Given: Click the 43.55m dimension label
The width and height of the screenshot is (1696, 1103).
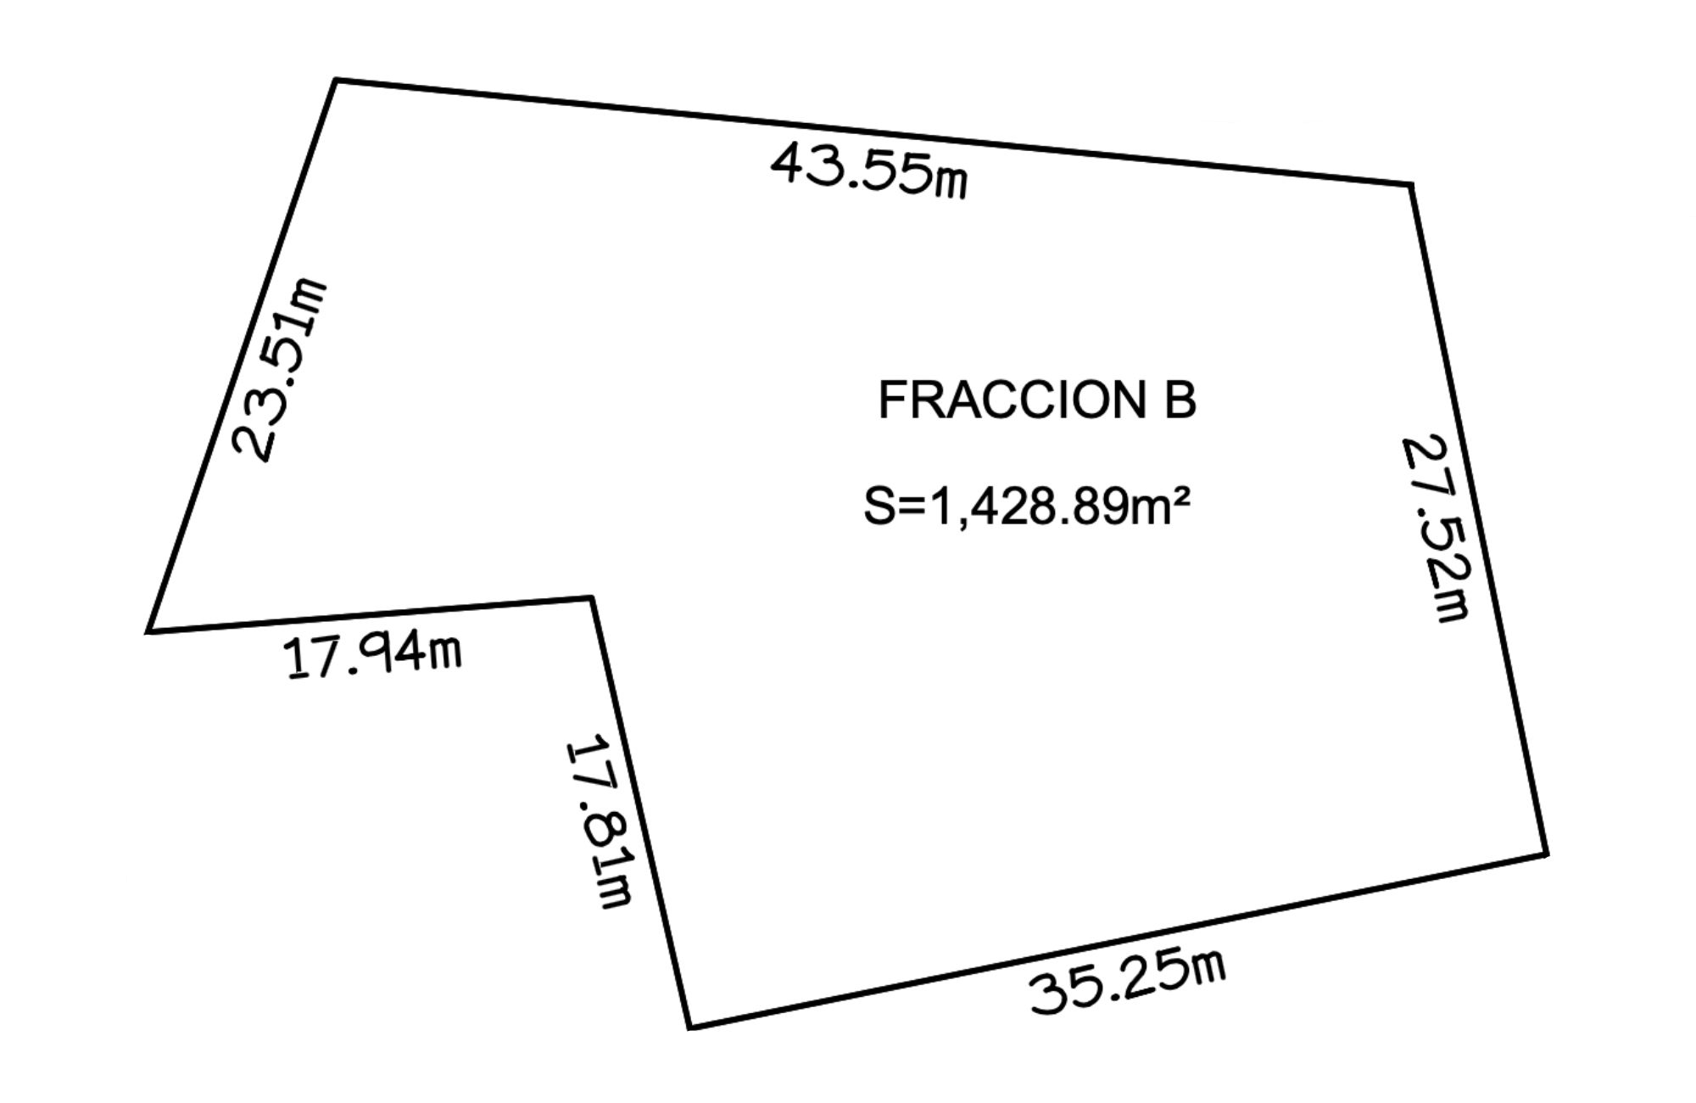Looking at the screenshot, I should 868,171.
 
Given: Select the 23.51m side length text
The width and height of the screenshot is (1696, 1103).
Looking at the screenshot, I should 279,370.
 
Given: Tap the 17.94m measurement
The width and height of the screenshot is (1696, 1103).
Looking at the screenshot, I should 374,657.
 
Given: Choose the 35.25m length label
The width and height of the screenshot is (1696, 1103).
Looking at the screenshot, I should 1128,981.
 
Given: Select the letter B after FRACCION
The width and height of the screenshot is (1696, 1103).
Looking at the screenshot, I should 1180,400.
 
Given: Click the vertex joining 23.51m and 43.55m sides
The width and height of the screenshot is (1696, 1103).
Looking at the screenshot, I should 336,81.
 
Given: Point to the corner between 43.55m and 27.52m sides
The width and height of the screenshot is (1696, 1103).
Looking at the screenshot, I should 1411,184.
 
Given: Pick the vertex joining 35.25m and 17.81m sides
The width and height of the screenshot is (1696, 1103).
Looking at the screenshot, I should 690,1027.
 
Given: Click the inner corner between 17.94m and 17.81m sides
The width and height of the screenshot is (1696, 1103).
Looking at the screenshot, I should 591,598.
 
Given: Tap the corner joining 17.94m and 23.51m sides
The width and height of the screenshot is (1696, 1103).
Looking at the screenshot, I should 148,631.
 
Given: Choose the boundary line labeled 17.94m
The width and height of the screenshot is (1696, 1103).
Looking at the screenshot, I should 370,615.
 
